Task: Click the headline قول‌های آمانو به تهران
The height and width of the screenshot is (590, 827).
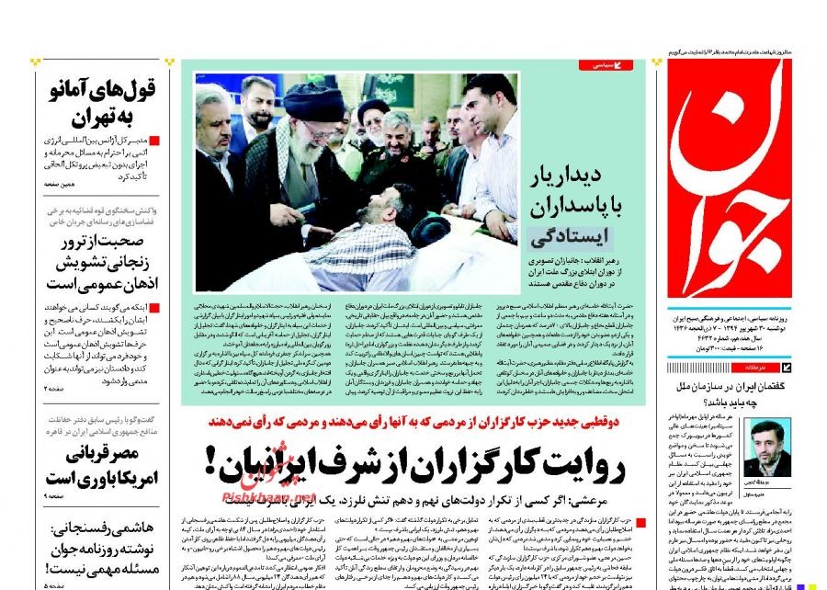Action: click(100, 103)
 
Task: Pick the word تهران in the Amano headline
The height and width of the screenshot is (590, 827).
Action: click(78, 117)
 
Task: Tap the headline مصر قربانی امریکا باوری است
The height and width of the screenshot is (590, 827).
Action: click(100, 466)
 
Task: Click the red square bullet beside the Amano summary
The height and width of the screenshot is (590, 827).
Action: click(154, 141)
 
